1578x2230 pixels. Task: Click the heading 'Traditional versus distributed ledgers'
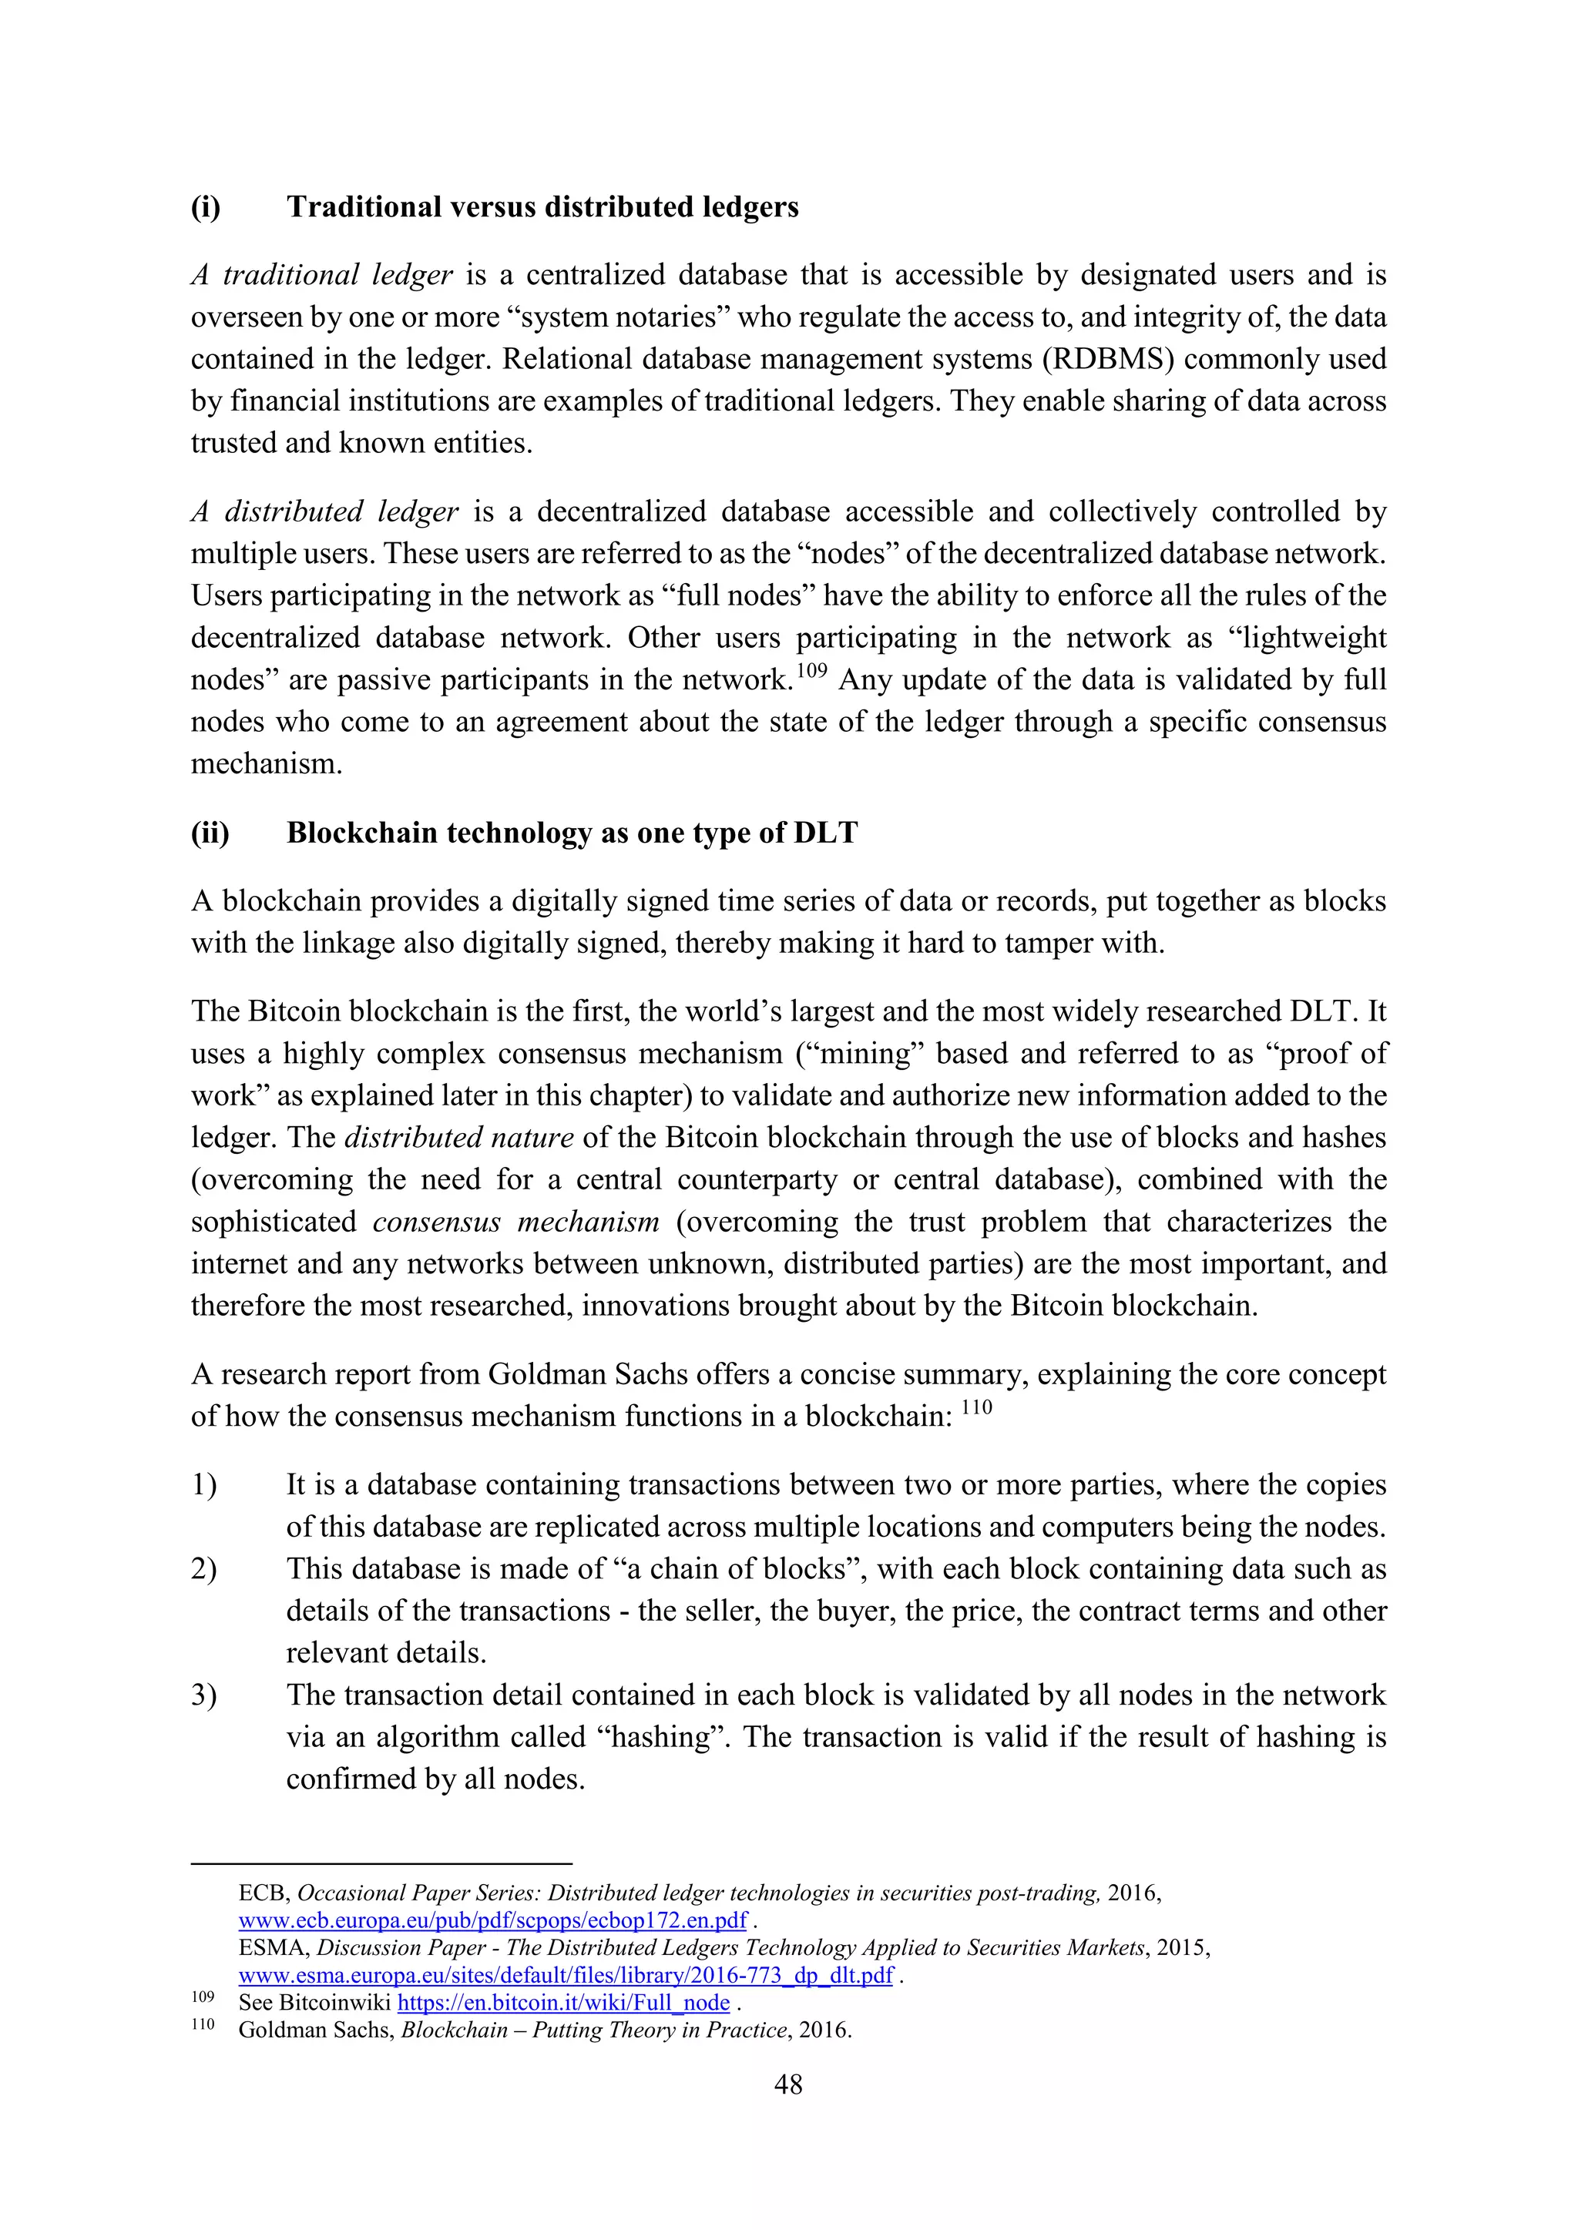(x=542, y=207)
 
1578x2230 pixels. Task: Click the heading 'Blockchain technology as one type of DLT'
(x=572, y=833)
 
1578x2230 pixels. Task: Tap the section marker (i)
(x=205, y=207)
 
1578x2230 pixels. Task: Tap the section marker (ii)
(x=210, y=833)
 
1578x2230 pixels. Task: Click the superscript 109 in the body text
(x=811, y=670)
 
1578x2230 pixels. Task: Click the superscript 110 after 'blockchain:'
(x=976, y=1407)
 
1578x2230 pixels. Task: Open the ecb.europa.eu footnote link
(x=492, y=1920)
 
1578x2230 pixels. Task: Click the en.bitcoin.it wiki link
(x=563, y=2002)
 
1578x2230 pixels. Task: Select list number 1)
(x=204, y=1485)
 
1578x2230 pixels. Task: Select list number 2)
(x=204, y=1570)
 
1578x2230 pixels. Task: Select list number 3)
(x=204, y=1695)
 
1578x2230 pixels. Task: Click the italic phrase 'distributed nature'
(x=458, y=1138)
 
